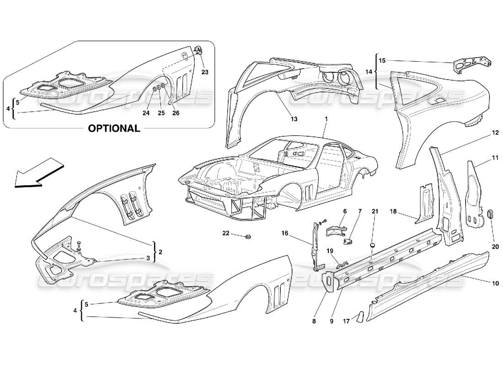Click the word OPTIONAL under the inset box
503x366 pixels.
click(x=114, y=128)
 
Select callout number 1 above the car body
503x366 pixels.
click(x=326, y=119)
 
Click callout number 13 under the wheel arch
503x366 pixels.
click(x=294, y=119)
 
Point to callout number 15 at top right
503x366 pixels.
click(x=382, y=60)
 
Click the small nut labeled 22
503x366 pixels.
click(x=248, y=237)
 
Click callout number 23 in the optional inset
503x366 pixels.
click(x=204, y=72)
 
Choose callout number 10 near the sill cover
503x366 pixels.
click(x=495, y=284)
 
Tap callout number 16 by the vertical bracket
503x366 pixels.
click(x=284, y=233)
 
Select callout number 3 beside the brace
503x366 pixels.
click(x=148, y=258)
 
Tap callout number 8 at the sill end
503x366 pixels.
click(x=314, y=322)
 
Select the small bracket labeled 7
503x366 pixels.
click(x=349, y=241)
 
